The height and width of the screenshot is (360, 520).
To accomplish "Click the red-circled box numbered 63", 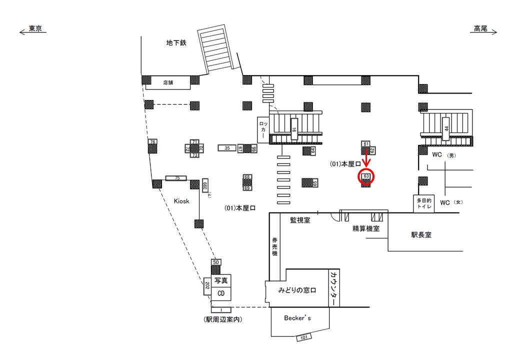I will pyautogui.click(x=366, y=176).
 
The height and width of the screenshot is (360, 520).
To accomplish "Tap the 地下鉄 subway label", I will pyautogui.click(x=176, y=43).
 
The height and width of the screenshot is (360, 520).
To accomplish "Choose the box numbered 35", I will pyautogui.click(x=227, y=148).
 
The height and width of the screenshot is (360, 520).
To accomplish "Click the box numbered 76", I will pyautogui.click(x=152, y=142).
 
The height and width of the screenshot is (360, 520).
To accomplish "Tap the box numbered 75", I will pyautogui.click(x=176, y=178).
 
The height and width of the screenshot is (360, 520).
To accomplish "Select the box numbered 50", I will pyautogui.click(x=216, y=262).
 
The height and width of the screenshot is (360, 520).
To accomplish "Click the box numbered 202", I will pyautogui.click(x=206, y=287).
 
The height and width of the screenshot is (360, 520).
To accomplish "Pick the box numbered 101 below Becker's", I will pyautogui.click(x=303, y=337).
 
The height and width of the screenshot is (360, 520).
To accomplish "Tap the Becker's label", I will pyautogui.click(x=297, y=318).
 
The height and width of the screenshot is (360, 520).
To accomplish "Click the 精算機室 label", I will pyautogui.click(x=365, y=229).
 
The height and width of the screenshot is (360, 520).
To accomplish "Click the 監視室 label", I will pyautogui.click(x=300, y=220).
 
